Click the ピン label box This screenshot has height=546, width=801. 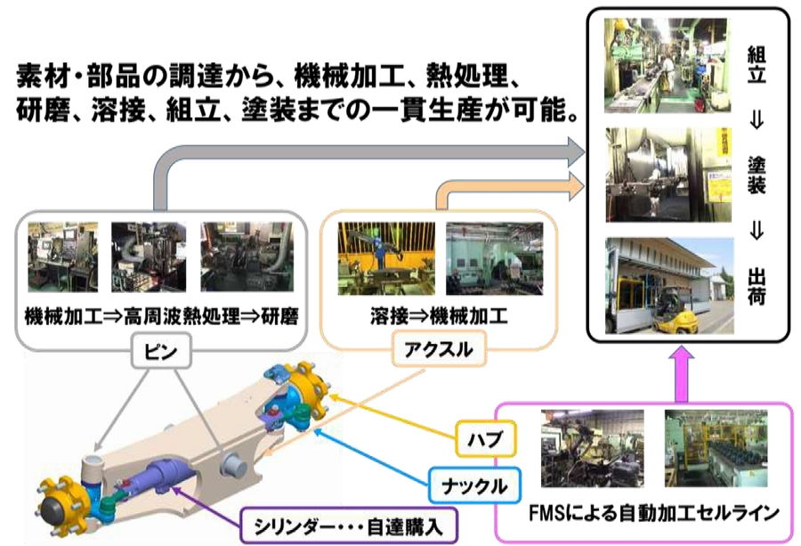161,351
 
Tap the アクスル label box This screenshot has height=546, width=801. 439,350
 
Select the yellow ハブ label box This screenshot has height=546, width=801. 486,438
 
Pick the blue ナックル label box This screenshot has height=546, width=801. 474,485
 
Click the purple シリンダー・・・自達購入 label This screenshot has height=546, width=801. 348,526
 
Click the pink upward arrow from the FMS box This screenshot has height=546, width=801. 683,376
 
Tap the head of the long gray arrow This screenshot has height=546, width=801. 576,151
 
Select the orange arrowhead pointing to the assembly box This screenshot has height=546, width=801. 576,186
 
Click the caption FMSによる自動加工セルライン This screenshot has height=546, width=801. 653,512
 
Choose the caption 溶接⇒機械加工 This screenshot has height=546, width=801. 440,316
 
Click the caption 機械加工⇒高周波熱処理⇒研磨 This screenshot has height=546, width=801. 161,316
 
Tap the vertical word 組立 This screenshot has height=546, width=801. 756,64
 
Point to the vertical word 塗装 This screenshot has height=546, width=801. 756,175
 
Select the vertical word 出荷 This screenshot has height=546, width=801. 756,287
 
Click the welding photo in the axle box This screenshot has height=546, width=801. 386,258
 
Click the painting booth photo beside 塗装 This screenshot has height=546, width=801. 667,175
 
